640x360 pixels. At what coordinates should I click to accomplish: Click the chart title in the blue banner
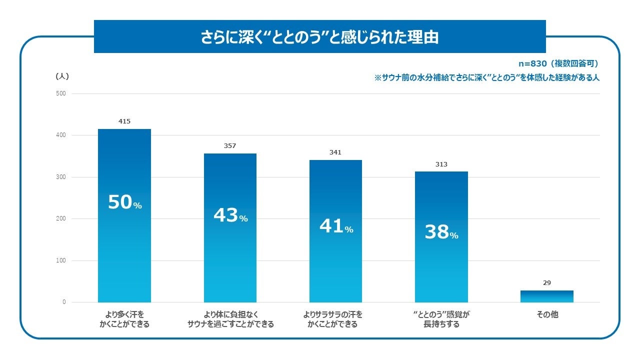click(319, 37)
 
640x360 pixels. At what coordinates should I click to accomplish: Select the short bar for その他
click(546, 296)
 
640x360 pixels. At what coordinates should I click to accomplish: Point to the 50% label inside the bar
click(125, 202)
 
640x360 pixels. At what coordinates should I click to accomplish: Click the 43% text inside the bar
click(230, 215)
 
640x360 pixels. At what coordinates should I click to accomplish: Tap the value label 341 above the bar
click(335, 152)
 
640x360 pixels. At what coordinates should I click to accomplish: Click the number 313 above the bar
click(441, 164)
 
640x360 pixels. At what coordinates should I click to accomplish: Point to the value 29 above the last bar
click(546, 283)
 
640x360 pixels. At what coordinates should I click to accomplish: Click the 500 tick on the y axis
click(61, 93)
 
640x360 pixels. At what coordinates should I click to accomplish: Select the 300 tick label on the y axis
click(61, 177)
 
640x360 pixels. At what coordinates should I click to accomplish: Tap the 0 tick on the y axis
click(64, 302)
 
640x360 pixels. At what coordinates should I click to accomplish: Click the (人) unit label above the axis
click(62, 76)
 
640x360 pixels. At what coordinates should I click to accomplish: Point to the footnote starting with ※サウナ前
click(486, 77)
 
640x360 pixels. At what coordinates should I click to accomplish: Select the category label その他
click(547, 315)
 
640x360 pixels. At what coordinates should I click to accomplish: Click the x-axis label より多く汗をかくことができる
click(124, 319)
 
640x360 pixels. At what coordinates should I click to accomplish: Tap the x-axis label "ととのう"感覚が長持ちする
click(441, 319)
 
